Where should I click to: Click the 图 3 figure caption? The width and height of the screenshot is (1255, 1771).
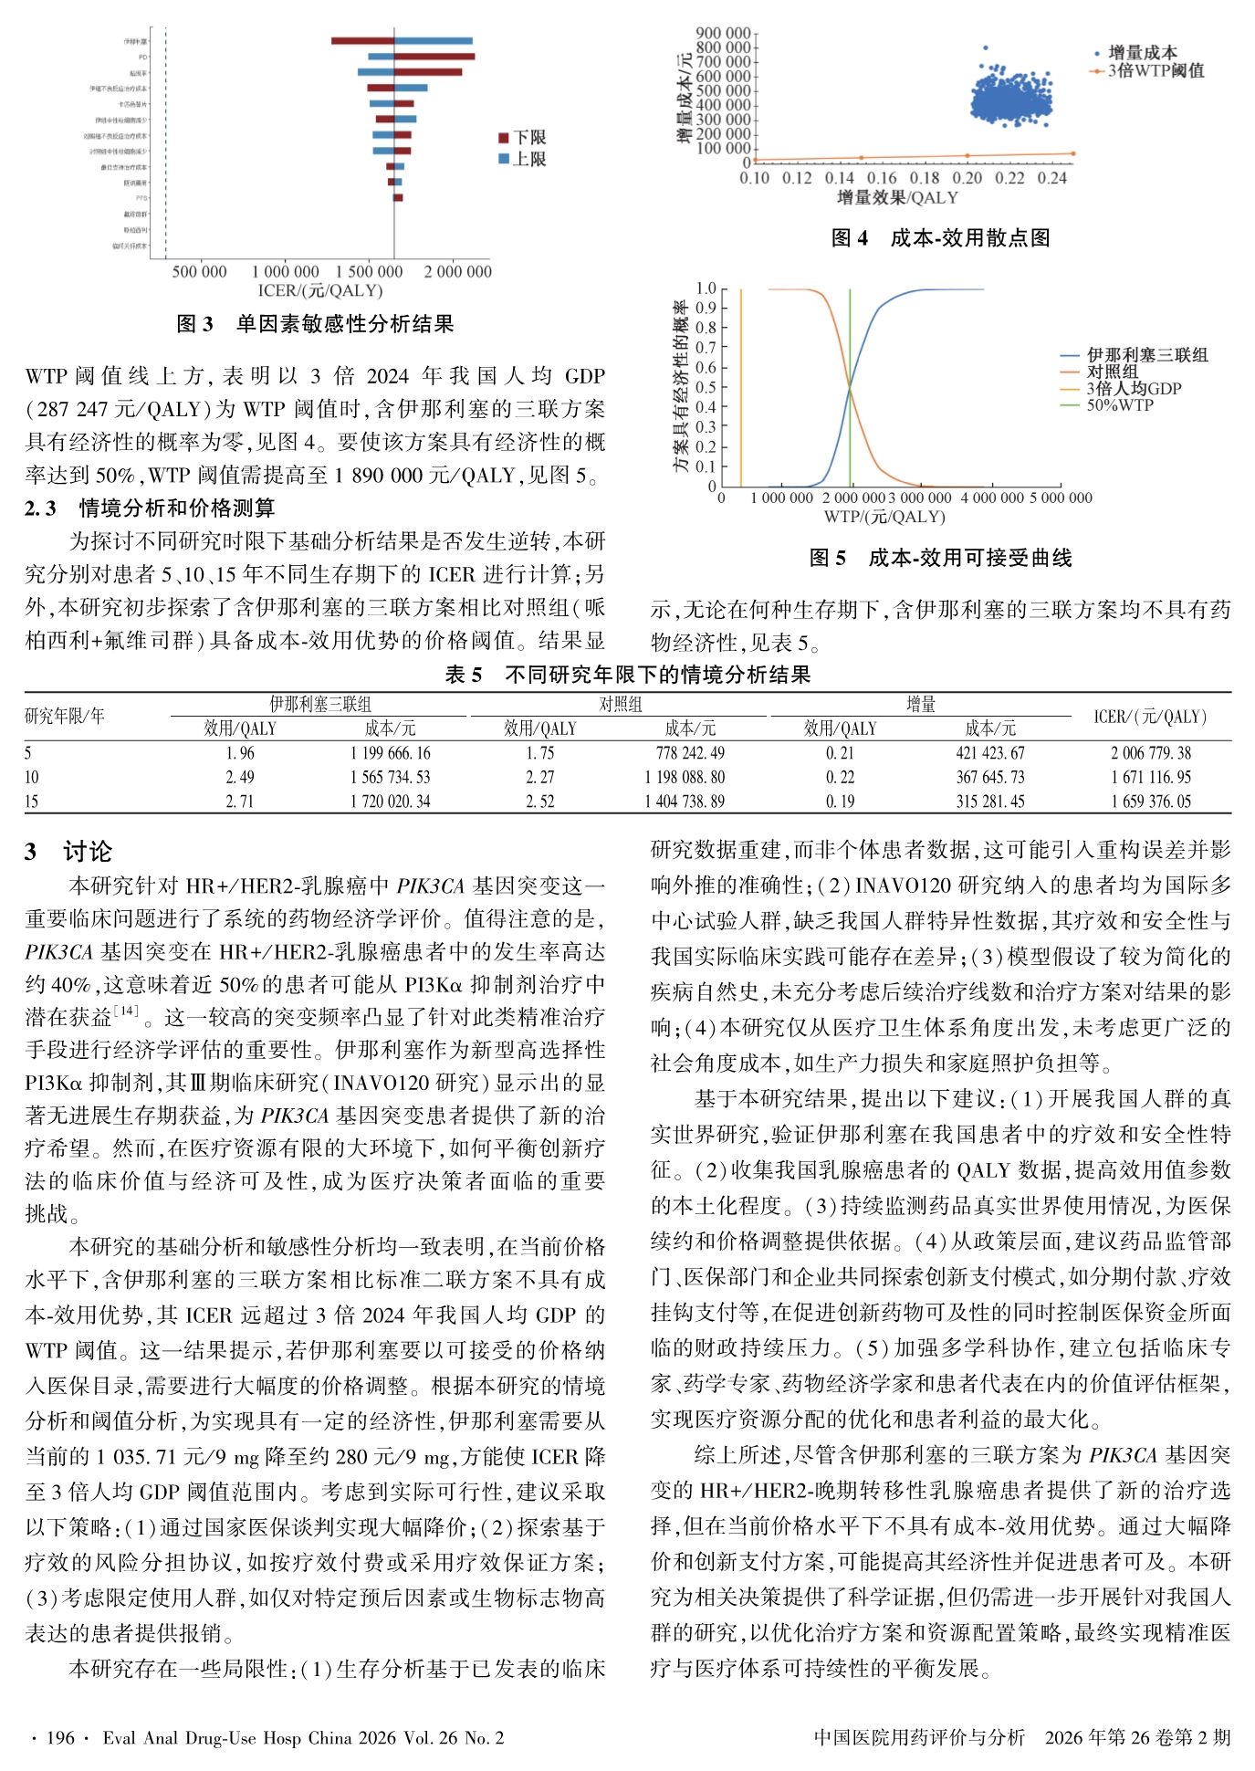click(315, 324)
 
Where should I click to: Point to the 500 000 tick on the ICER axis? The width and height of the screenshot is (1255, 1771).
click(199, 271)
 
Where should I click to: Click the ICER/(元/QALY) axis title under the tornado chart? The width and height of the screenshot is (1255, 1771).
click(320, 290)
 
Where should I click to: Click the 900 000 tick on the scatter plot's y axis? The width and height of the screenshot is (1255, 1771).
click(722, 34)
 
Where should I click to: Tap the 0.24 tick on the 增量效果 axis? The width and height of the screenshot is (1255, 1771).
click(1051, 178)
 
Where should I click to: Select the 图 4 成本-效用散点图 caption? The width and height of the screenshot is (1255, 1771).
click(940, 238)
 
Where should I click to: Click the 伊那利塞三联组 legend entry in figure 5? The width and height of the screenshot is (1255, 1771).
click(1145, 355)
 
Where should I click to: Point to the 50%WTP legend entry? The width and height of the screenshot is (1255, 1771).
click(1119, 404)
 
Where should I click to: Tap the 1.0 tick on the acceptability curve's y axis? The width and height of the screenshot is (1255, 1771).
click(706, 288)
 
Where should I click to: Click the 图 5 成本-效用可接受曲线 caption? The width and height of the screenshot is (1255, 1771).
click(940, 558)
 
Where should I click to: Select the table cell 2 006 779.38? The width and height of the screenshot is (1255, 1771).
click(1150, 753)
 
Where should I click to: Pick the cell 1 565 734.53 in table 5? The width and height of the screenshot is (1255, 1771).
click(390, 777)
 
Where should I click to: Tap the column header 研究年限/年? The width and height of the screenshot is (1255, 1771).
click(64, 716)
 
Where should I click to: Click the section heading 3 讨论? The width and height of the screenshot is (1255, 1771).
click(68, 852)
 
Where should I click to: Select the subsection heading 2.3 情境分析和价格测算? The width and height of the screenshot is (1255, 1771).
click(150, 508)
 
